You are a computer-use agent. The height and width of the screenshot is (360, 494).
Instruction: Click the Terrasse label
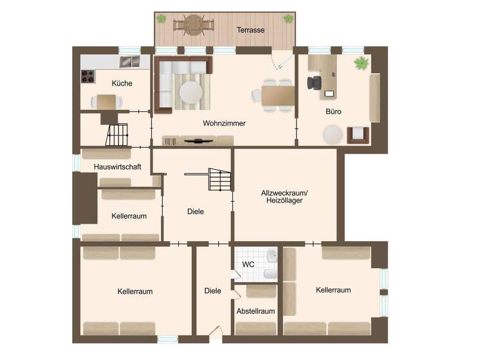point(251,30)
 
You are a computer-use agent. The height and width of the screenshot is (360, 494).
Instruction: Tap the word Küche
point(122,83)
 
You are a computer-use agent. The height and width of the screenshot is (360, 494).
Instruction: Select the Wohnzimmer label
point(224,123)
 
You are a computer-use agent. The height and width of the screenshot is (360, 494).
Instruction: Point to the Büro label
point(333,112)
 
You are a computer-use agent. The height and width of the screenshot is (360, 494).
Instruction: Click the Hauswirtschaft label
point(117,166)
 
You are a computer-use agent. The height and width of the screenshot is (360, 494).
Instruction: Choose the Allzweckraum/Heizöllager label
point(285,196)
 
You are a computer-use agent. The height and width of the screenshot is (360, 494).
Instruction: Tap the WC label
point(248,264)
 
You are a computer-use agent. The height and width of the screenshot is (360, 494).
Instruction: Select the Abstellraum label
point(255,311)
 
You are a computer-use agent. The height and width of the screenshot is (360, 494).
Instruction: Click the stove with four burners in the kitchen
point(87,76)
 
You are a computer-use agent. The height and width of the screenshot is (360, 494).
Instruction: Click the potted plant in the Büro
point(362,63)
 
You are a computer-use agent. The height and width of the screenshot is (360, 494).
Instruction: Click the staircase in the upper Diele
point(218,179)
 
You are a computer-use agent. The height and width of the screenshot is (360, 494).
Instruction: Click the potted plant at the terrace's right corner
point(288,19)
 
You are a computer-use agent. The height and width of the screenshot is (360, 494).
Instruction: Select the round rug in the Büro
point(333,134)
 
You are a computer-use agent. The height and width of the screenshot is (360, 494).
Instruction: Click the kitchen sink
point(131,61)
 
